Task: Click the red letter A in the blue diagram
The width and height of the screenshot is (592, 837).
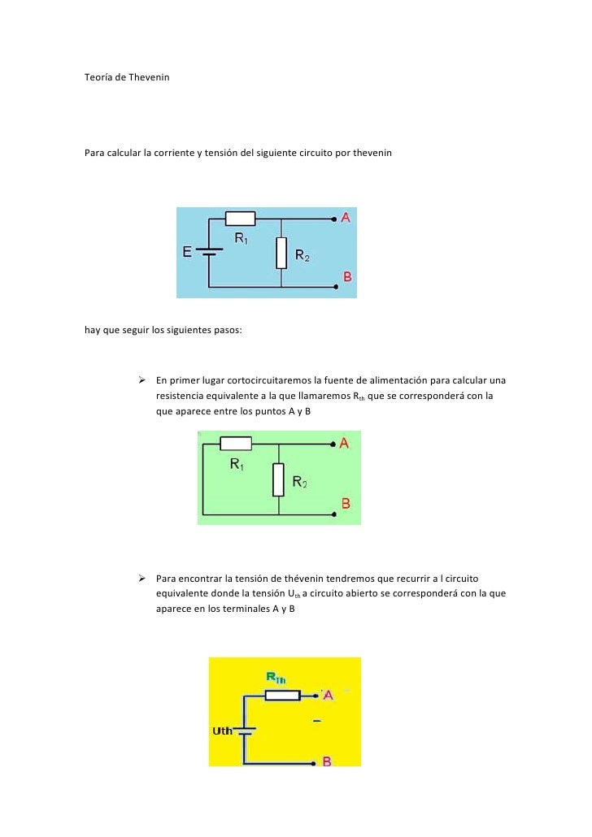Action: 346,218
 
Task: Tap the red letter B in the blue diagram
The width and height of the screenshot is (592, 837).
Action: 347,277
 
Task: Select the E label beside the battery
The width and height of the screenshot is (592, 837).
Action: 187,252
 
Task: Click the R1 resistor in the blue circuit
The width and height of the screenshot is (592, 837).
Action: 240,218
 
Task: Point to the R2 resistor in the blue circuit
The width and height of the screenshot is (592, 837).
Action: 281,253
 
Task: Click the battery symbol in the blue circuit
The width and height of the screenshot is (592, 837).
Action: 209,252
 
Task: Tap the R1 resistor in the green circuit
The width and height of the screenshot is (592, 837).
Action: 236,444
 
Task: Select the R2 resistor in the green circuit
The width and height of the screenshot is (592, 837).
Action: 278,479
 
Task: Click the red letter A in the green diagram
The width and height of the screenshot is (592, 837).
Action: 345,444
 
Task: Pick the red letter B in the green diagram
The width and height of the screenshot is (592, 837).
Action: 346,504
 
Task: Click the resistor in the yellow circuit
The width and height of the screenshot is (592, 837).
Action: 283,695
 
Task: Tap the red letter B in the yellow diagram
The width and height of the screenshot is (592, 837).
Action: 327,761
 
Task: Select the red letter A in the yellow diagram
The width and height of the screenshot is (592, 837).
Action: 329,696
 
